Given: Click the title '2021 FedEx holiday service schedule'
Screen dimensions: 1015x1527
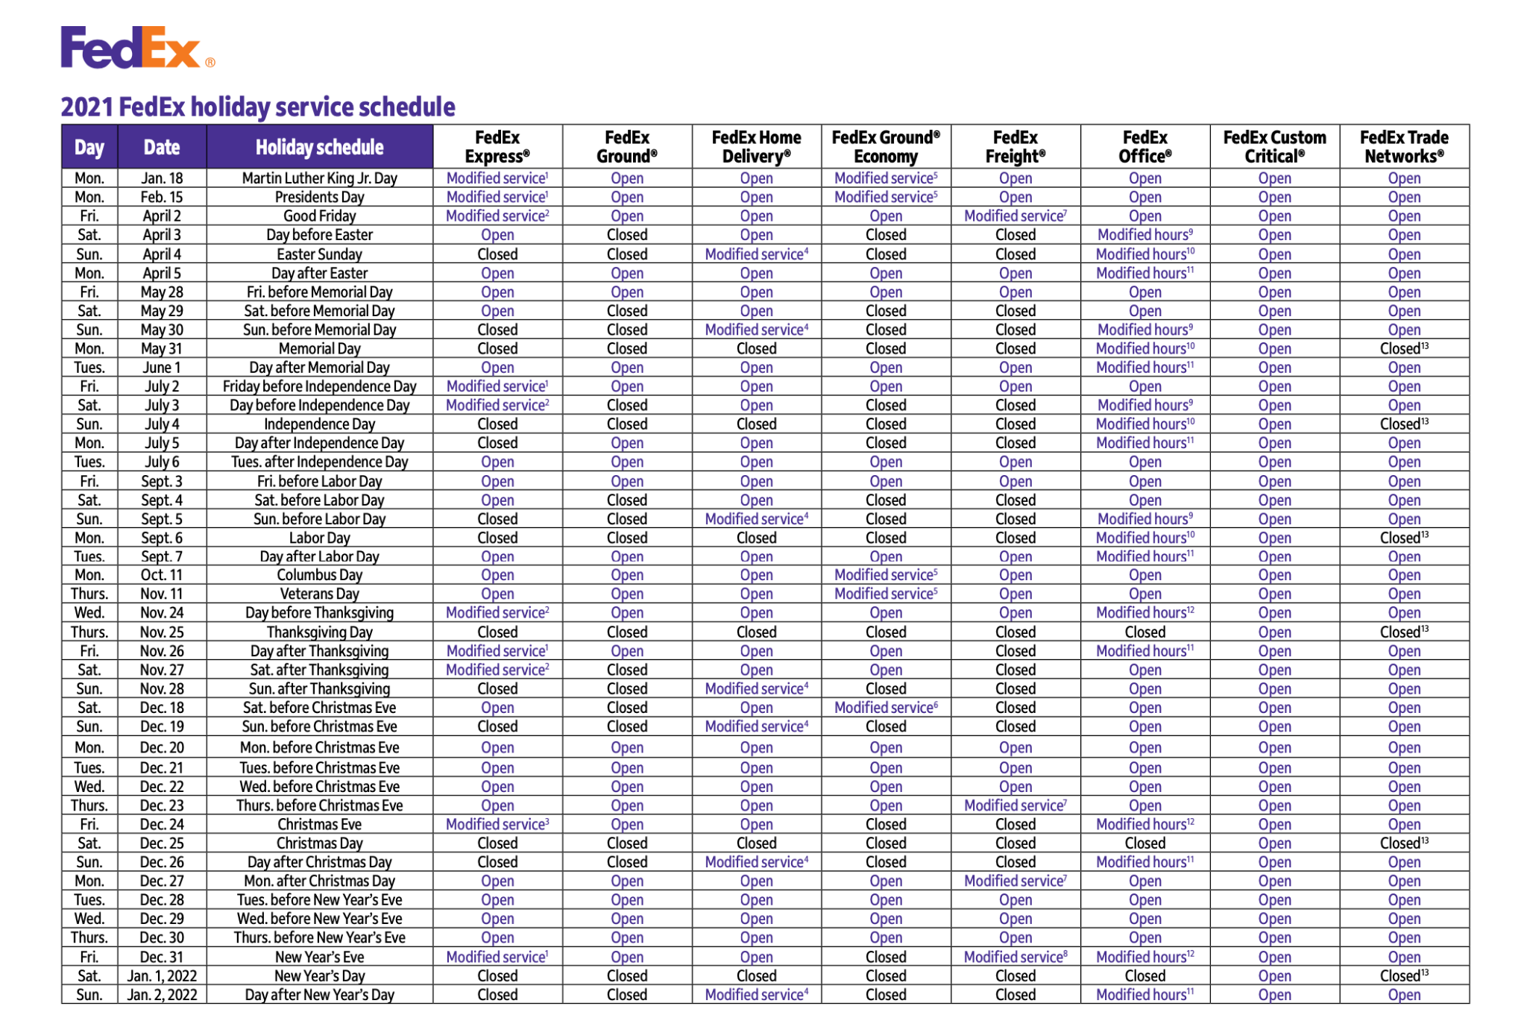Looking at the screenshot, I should coord(257,107).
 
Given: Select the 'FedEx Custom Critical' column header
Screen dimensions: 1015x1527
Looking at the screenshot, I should coord(1274,147).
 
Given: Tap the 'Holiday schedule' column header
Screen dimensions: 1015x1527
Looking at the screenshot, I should coord(319,147).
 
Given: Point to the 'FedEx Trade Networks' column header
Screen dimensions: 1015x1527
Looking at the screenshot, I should coord(1404,147).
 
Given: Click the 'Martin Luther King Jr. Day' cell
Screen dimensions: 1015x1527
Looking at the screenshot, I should coord(319,178).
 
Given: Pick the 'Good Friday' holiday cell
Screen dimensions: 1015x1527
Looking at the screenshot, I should coord(319,216).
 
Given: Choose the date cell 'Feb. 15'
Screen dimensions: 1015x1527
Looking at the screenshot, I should coord(162,197).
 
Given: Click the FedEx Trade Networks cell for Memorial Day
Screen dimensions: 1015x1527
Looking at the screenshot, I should coord(1404,348).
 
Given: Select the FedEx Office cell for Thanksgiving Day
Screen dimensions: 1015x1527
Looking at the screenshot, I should coord(1145,632).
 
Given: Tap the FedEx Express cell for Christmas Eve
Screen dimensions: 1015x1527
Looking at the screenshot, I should coord(497,824).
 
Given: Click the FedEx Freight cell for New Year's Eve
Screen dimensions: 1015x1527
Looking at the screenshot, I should coord(1015,957).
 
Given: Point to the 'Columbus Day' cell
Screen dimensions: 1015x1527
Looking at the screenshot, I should coord(319,575).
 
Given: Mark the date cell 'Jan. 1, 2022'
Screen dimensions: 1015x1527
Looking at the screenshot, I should coord(162,975).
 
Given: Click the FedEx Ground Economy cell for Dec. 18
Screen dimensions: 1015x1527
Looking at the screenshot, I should coord(886,708).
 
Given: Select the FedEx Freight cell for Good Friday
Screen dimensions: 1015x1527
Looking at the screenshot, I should coord(1015,216).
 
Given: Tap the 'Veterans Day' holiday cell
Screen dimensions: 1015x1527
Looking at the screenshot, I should coord(319,594).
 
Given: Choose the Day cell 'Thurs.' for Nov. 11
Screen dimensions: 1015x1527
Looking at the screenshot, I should coord(89,594).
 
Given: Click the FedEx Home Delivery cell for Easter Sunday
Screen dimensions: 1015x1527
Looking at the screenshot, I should coord(756,254).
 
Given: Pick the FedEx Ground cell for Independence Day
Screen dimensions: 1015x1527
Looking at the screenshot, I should coord(627,424).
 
